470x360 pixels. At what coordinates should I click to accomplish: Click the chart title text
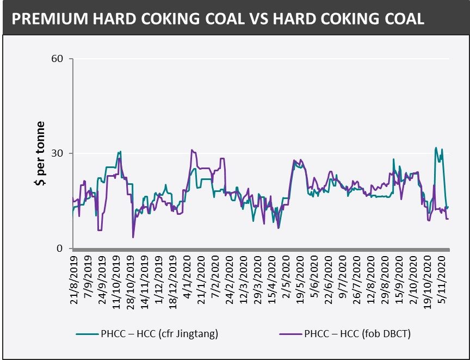pos(218,20)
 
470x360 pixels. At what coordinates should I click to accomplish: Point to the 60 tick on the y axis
pos(61,59)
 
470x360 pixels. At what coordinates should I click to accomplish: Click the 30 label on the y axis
pos(61,153)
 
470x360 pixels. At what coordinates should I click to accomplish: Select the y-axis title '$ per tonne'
pos(40,154)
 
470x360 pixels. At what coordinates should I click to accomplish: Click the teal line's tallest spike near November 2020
pos(436,147)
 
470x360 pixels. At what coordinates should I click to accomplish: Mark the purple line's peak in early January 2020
pos(191,150)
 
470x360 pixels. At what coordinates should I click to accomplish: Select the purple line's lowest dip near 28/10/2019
pos(133,237)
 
